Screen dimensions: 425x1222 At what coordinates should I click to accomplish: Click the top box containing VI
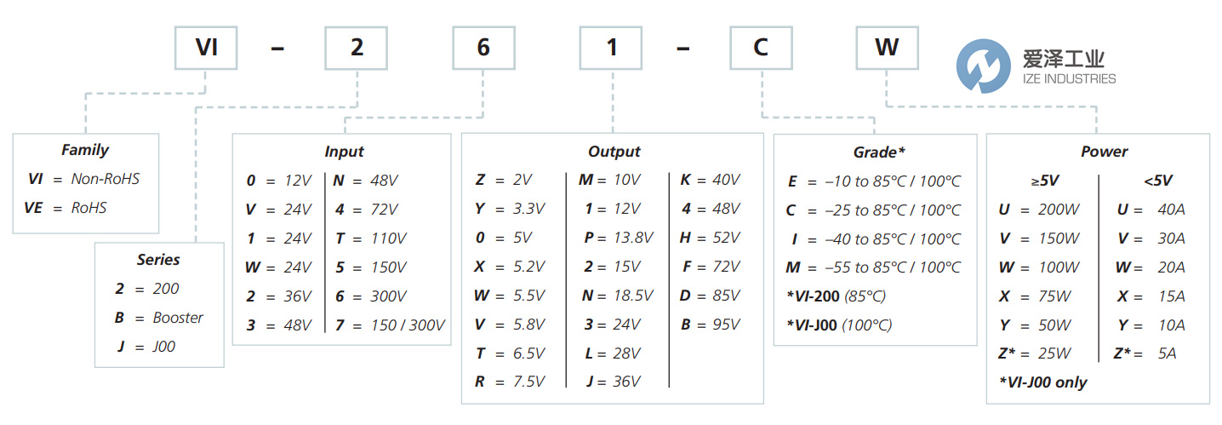(207, 48)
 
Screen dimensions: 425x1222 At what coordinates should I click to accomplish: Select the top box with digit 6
(483, 48)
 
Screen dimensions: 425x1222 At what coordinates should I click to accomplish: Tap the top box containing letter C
(760, 48)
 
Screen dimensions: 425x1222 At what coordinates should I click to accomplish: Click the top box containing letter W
(887, 48)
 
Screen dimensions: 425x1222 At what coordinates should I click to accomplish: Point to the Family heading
(85, 150)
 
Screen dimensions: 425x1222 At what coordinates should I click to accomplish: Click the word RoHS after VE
(89, 207)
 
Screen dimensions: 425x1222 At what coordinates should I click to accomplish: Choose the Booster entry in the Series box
(178, 318)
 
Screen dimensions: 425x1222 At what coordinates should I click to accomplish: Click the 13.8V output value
(631, 238)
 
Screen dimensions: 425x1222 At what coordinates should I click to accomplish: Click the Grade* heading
(879, 152)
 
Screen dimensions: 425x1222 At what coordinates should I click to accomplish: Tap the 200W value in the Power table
(1059, 210)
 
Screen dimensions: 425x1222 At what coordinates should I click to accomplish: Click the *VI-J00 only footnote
(1043, 382)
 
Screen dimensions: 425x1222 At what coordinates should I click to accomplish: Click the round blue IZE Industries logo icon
(982, 66)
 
